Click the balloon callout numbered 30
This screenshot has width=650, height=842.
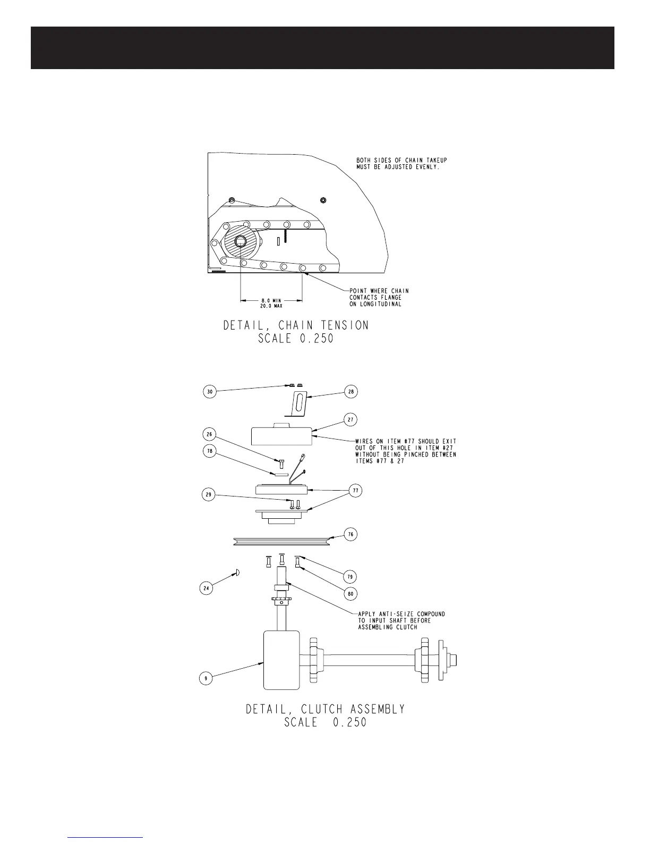pos(211,392)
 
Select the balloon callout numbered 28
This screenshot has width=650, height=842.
pos(350,392)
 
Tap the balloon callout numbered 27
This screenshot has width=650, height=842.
pos(350,419)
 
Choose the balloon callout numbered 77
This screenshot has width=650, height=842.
pos(355,491)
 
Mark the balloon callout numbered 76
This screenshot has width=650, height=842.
pos(350,534)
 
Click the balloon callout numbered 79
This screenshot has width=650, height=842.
pos(350,577)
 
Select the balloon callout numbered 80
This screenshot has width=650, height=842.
pos(350,593)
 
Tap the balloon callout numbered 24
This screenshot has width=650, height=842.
pos(207,588)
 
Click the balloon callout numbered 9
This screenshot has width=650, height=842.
pos(206,678)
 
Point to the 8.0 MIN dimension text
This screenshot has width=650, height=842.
pos(271,300)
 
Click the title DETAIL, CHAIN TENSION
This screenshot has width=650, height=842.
pos(296,325)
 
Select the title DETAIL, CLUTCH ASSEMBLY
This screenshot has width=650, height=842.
pos(325,709)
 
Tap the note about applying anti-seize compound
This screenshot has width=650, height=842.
pos(401,620)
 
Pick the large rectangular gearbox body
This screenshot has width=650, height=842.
pos(281,659)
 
